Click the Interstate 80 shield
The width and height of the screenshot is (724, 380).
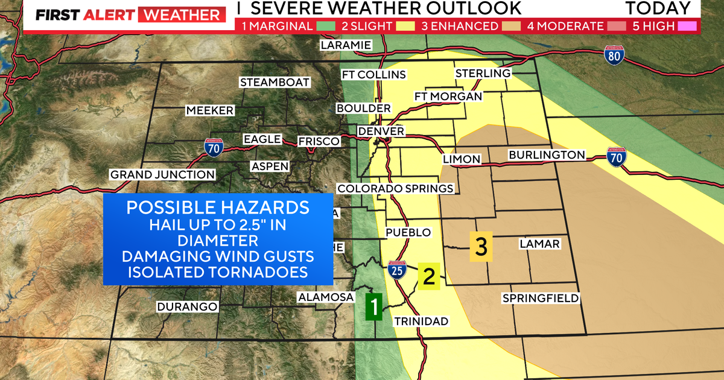(x=614, y=55)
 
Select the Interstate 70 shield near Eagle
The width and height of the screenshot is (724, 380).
(x=212, y=147)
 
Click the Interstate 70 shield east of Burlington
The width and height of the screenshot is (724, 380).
(x=616, y=156)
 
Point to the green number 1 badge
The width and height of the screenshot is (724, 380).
(x=374, y=306)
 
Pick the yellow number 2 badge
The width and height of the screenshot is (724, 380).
(x=429, y=276)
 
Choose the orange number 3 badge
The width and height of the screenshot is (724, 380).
(x=481, y=247)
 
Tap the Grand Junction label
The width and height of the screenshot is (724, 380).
(x=162, y=175)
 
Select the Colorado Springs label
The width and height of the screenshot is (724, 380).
(x=395, y=189)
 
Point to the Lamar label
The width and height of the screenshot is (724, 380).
(x=539, y=244)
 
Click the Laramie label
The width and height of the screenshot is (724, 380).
(x=346, y=45)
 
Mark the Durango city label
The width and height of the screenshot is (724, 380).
(x=187, y=306)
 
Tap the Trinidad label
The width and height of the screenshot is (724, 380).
(x=421, y=321)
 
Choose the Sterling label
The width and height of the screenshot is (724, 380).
(x=483, y=73)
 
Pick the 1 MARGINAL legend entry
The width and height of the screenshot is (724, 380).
(x=284, y=26)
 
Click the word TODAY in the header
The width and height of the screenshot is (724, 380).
(x=658, y=8)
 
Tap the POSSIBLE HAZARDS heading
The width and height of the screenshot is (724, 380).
(x=218, y=207)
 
